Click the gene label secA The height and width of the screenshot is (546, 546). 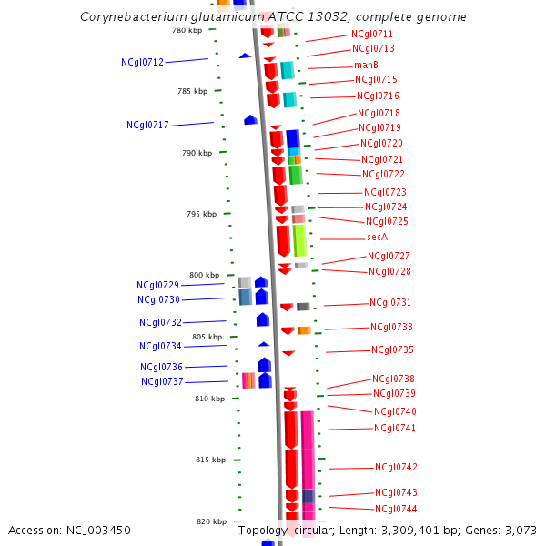tap(377, 237)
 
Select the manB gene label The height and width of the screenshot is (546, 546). tap(366, 65)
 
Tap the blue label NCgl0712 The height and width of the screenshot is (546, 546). tap(142, 62)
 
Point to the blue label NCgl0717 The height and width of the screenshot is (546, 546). tap(147, 125)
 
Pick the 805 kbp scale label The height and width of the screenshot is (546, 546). tap(207, 337)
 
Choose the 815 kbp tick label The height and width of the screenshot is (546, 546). tap(210, 460)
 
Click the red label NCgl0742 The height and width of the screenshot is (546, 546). tap(396, 467)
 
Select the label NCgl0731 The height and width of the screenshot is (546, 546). tap(390, 302)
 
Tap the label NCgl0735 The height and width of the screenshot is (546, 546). tap(392, 349)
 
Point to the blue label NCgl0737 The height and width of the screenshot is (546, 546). tap(162, 381)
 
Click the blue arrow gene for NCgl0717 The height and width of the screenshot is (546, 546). tap(250, 120)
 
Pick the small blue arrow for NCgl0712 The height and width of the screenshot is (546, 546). tap(245, 56)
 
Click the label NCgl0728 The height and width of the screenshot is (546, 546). tap(389, 271)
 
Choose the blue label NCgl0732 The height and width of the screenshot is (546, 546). tap(160, 322)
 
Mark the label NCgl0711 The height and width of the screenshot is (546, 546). tap(372, 34)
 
